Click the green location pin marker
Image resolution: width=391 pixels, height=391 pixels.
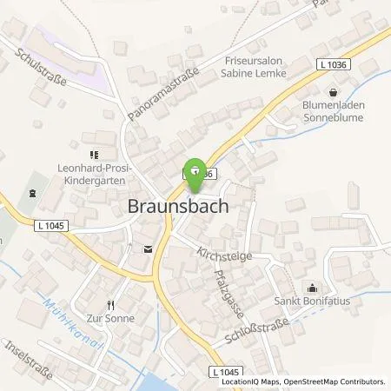point(195,169)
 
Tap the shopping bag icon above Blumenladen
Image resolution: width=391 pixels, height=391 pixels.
point(333,92)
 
